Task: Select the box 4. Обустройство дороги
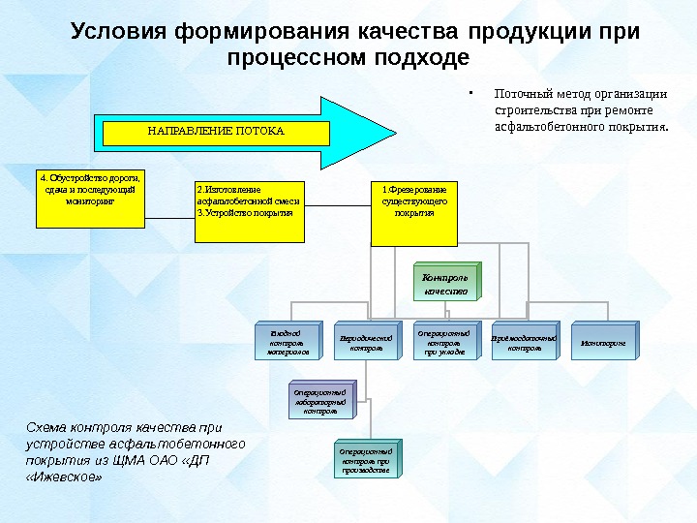coord(90,199)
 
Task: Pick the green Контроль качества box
coord(445,282)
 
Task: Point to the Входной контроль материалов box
coord(287,342)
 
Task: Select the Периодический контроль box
coord(366,342)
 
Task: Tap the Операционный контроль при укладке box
coord(445,342)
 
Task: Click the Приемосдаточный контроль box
coord(524,342)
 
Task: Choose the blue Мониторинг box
coord(603,342)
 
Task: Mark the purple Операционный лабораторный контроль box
coord(320,401)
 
